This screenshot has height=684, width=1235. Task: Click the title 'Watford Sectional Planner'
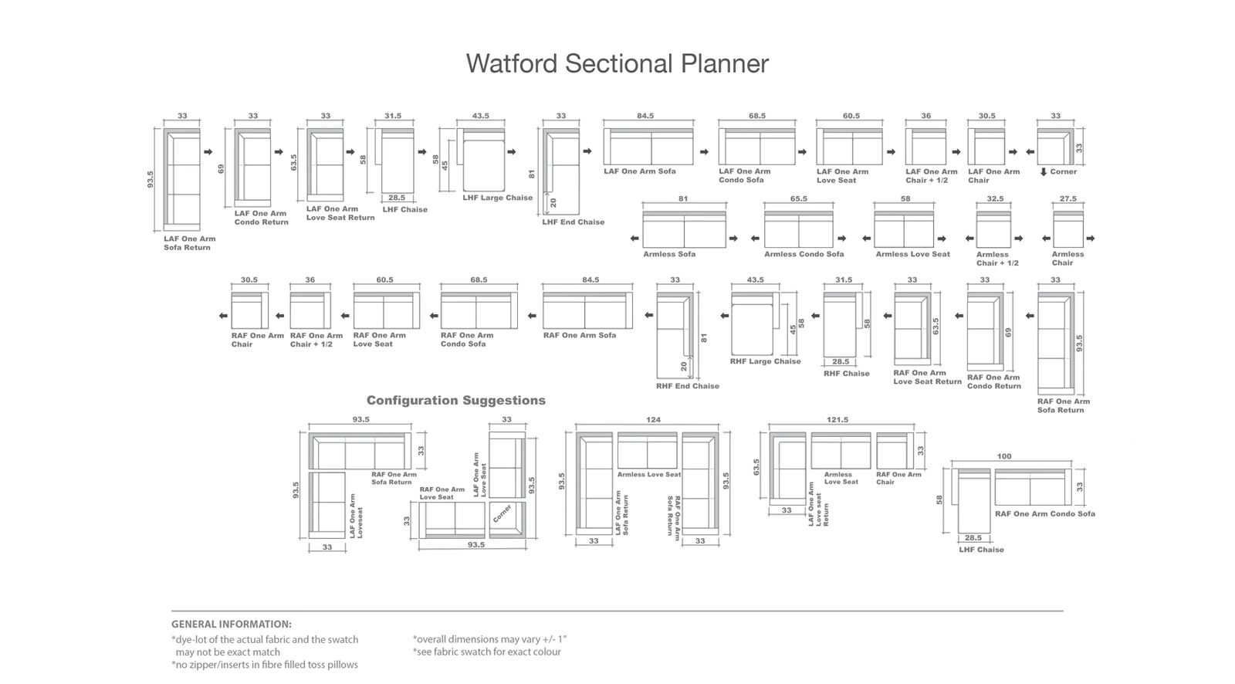tap(617, 63)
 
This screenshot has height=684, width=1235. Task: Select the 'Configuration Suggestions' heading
tap(456, 401)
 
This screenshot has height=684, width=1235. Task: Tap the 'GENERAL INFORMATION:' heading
tap(231, 624)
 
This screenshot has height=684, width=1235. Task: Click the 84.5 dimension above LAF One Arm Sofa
tap(645, 116)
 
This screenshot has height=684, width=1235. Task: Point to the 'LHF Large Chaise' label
tap(497, 198)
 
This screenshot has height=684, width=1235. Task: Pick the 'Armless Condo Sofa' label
tap(804, 254)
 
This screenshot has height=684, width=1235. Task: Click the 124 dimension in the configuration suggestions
tap(653, 420)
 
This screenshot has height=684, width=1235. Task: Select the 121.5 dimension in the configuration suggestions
tap(837, 420)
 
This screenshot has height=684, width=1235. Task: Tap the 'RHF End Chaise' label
tap(688, 386)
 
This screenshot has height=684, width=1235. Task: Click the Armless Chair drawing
tap(1068, 229)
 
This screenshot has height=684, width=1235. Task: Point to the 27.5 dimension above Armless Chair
tap(1068, 198)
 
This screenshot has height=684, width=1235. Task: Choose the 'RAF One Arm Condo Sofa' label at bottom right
tap(1045, 513)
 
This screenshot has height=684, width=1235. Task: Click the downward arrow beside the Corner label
tap(1043, 172)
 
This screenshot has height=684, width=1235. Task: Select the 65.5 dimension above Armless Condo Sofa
tap(798, 198)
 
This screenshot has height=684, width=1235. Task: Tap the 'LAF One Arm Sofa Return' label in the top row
tap(190, 243)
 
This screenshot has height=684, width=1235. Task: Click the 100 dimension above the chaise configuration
tap(1004, 456)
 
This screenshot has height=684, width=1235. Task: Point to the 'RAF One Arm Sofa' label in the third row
tap(580, 335)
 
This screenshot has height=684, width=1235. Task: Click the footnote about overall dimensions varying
tap(489, 639)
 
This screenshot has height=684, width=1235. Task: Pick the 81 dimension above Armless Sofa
tap(683, 198)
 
